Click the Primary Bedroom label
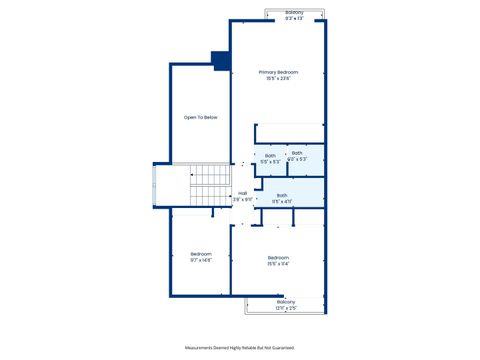coord(279,72)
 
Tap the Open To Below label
coord(200,118)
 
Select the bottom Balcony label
coord(286,302)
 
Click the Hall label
coord(242,194)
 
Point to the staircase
coord(210,186)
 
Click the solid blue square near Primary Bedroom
coord(220,60)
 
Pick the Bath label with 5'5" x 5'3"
coord(270,155)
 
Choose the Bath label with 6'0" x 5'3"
coord(297,153)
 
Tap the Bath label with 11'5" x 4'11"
coord(282,195)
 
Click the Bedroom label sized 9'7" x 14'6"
coord(201,254)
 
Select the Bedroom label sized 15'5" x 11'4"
coord(278,258)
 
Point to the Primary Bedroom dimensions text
coord(279,79)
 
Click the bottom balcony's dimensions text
coord(286,308)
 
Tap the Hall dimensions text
coord(242,200)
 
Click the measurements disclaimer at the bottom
coord(239,347)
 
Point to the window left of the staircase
coord(152,186)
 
